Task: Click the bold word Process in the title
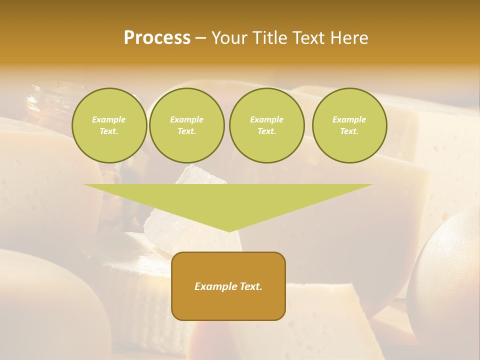(x=157, y=38)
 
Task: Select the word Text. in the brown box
(x=250, y=286)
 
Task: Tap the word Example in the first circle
(x=109, y=119)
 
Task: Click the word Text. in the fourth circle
(x=349, y=131)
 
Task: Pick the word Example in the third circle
(x=266, y=119)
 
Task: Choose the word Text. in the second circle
(x=186, y=131)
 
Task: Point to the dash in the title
(x=200, y=38)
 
